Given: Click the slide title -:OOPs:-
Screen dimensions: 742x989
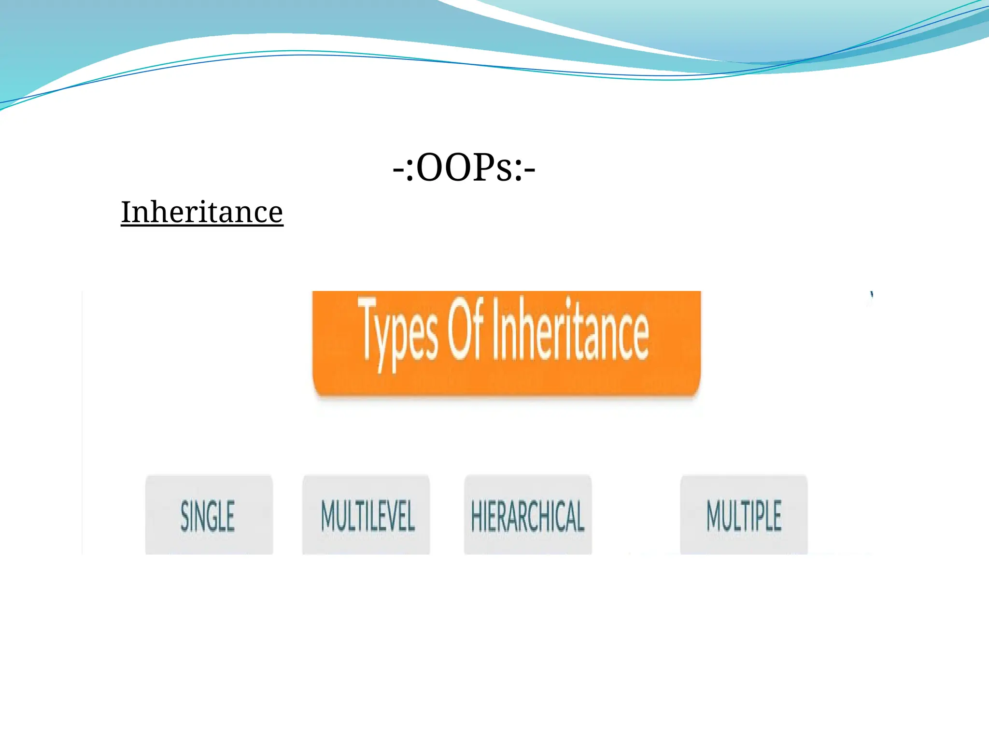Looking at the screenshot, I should point(464,168).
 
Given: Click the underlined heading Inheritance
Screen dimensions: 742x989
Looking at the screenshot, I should point(202,212).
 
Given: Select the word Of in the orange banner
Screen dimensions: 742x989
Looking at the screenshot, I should point(465,328).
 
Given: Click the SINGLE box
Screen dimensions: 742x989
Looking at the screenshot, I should point(209,515).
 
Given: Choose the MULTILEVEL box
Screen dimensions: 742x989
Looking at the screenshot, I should point(366,515).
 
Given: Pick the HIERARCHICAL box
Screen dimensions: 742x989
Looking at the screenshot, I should point(528,515).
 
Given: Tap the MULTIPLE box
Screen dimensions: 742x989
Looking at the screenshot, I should point(744,515).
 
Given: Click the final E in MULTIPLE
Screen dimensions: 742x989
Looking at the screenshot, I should point(776,516).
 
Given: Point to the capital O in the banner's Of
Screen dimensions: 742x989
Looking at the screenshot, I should point(457,328).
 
